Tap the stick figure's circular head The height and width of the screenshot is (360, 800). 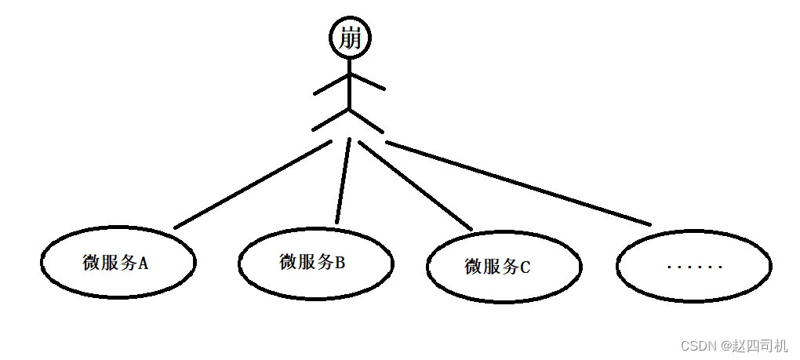350,24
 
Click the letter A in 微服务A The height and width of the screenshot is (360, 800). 143,264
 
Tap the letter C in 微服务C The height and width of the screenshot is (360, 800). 525,267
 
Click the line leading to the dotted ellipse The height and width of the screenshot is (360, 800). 518,184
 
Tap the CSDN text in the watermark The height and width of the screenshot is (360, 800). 695,346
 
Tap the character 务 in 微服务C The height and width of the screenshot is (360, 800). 509,267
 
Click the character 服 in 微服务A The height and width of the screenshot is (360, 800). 109,263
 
